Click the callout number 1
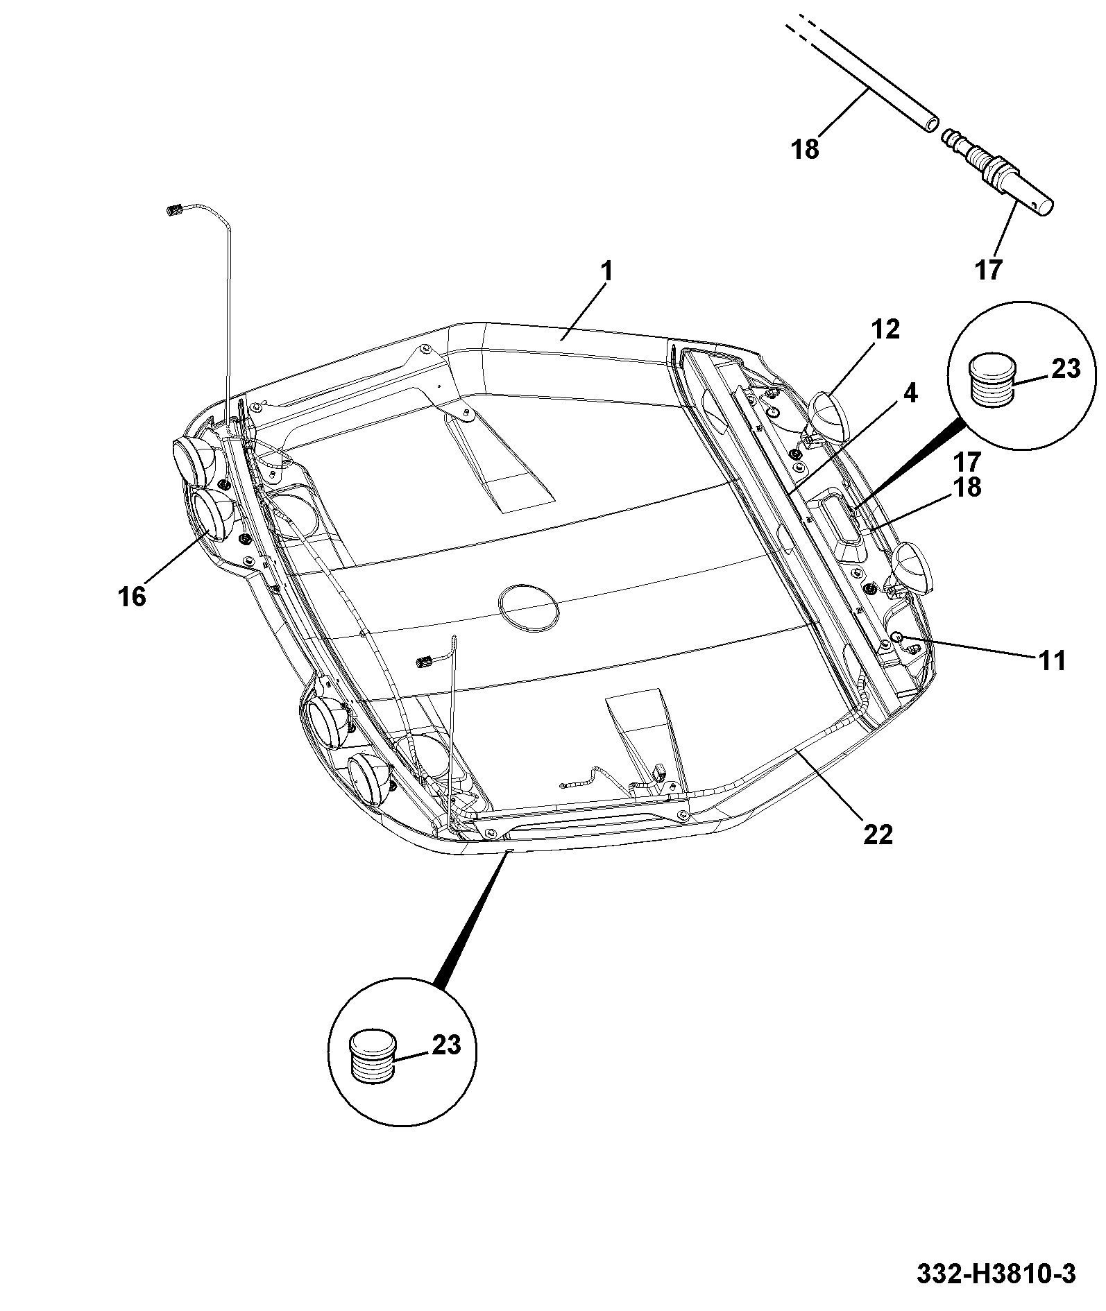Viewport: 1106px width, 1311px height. tap(607, 271)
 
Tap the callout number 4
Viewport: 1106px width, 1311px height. tap(910, 393)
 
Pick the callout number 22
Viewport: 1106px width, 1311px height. tap(877, 834)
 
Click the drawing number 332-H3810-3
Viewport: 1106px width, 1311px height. tap(996, 1274)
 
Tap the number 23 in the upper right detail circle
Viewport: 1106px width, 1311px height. tap(1065, 369)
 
